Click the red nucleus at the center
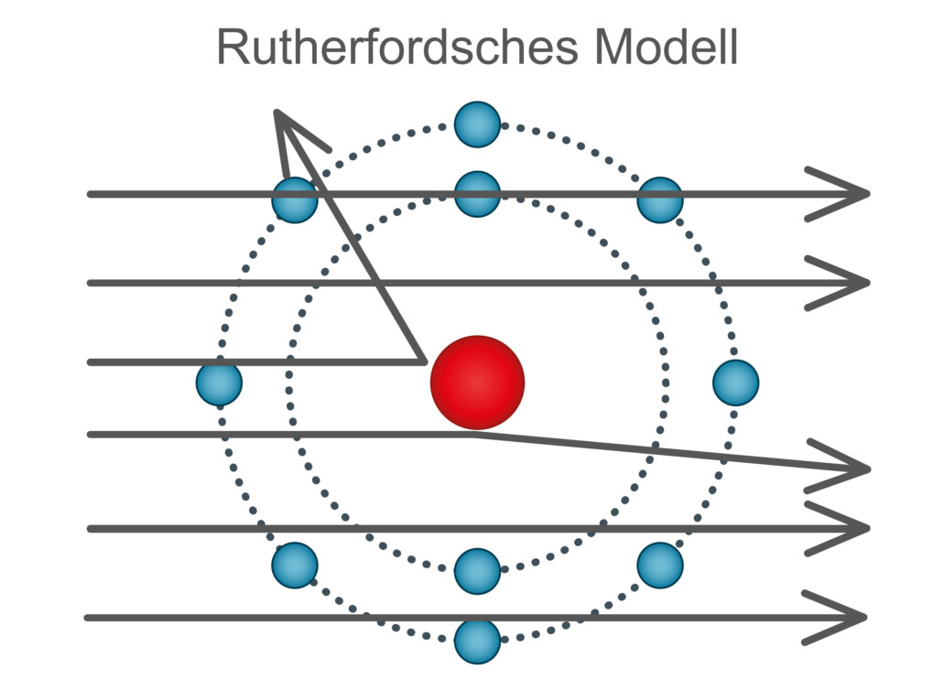coord(477,383)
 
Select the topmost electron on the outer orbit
coord(477,124)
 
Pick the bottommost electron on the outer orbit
coord(477,641)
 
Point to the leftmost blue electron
coord(219,383)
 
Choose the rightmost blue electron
coord(735,383)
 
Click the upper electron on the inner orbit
coord(477,194)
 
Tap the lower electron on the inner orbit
coord(477,571)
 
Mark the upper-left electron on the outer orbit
coord(295,199)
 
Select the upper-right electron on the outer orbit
coord(660,199)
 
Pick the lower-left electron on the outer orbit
coord(295,565)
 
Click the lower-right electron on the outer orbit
coord(660,565)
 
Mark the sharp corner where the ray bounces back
coord(422,361)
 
